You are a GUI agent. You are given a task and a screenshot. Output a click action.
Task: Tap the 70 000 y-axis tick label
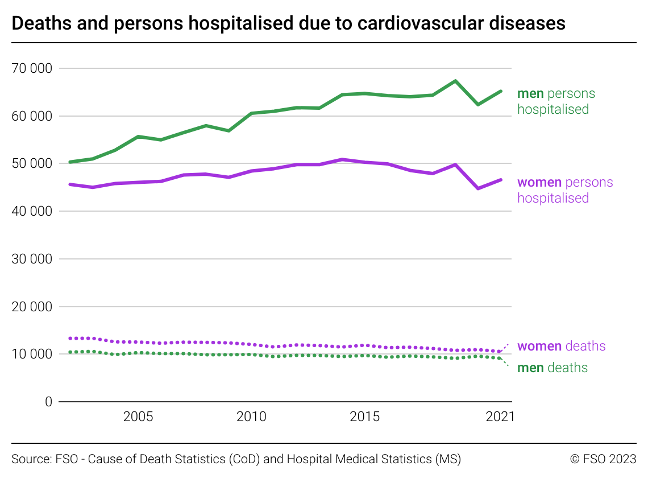coord(31,68)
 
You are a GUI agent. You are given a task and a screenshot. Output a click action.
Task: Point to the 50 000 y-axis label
coord(31,164)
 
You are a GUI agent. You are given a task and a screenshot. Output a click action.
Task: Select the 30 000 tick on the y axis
coord(31,259)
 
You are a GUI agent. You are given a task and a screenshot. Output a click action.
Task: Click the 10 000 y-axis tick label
coord(31,354)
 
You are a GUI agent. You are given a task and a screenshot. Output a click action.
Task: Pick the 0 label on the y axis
coord(48,402)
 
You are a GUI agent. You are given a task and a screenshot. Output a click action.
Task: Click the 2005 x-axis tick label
coord(138,417)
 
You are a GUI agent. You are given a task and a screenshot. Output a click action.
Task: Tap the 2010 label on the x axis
coord(251,417)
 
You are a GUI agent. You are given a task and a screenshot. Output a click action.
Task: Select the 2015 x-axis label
coord(364,417)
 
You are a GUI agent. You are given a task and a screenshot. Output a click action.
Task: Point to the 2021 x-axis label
coord(500,417)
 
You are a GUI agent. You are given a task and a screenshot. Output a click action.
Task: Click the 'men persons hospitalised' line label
coord(555,101)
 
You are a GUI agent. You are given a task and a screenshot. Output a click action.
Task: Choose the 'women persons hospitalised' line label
coord(564,190)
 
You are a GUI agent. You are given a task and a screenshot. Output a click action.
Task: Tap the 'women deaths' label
coord(561,346)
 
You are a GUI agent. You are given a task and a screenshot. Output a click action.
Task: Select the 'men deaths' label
coord(552,368)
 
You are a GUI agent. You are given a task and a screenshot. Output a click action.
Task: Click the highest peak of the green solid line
coord(455,81)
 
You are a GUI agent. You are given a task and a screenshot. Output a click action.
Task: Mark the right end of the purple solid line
coord(500,180)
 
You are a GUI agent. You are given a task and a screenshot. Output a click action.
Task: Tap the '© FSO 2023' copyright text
coord(603,459)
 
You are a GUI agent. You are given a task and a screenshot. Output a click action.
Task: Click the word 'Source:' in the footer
coord(31,459)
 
